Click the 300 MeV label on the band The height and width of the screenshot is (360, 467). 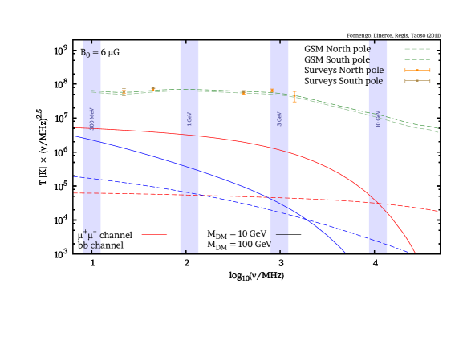point(92,119)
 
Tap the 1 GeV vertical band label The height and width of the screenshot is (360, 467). point(189,119)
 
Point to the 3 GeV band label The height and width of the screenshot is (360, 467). point(279,119)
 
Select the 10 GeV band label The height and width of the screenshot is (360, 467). point(378,119)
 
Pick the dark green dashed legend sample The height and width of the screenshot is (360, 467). point(417,59)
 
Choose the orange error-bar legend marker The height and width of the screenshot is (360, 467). point(417,70)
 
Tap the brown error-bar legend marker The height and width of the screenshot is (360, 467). point(417,80)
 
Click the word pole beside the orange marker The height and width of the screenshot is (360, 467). point(376,70)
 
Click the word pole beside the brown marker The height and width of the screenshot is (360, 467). point(376,80)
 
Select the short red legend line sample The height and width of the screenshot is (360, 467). point(154,235)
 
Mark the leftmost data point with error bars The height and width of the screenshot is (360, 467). point(124,93)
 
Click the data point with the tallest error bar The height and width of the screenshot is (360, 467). point(294,96)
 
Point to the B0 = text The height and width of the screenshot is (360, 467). point(90,53)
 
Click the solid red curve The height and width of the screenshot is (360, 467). point(241,141)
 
